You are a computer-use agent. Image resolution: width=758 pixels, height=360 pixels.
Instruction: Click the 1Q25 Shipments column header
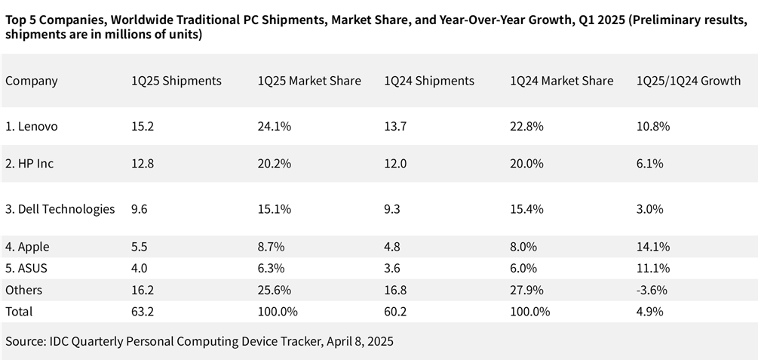[176, 81]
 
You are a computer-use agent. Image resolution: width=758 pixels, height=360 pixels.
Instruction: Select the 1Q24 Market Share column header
[562, 81]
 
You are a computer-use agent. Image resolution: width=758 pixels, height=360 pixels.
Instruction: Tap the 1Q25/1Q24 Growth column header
[689, 81]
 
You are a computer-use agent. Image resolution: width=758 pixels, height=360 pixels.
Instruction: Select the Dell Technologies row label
[60, 209]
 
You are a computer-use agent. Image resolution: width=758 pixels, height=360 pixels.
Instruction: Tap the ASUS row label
[28, 269]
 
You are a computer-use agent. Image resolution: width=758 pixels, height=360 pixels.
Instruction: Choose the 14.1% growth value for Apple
[653, 247]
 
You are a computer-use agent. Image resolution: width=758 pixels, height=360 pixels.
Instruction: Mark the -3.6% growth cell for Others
[652, 290]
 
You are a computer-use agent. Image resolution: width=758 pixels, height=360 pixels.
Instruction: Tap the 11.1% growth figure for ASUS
[653, 269]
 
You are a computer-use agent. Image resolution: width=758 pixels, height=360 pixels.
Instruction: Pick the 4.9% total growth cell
[650, 311]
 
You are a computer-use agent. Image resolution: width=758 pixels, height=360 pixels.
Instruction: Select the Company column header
[32, 81]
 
